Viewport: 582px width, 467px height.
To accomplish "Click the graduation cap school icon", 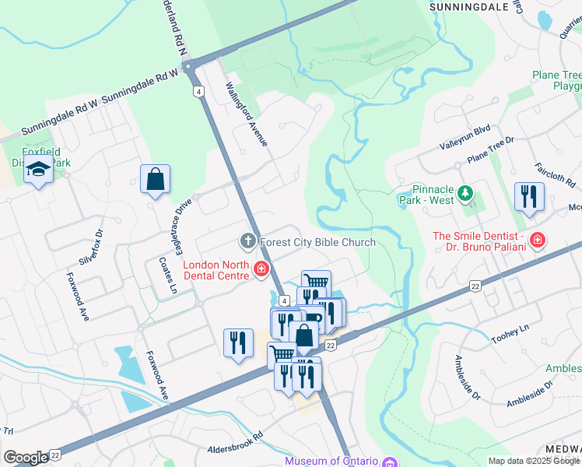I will (x=37, y=169).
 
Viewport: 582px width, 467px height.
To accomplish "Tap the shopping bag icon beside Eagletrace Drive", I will (x=156, y=179).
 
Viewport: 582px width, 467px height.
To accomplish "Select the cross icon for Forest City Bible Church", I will (x=248, y=241).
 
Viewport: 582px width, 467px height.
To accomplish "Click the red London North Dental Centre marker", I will (x=261, y=270).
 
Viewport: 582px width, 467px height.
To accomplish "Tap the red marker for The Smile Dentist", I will (x=536, y=240).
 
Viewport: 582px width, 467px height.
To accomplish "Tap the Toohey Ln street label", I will (x=510, y=335).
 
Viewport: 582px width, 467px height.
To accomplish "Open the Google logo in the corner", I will (x=26, y=458).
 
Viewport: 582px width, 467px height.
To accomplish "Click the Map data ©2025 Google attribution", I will (x=533, y=461).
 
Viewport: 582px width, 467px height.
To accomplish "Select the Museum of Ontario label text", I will (x=331, y=461).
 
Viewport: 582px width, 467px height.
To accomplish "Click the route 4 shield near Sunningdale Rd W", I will (x=199, y=91).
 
